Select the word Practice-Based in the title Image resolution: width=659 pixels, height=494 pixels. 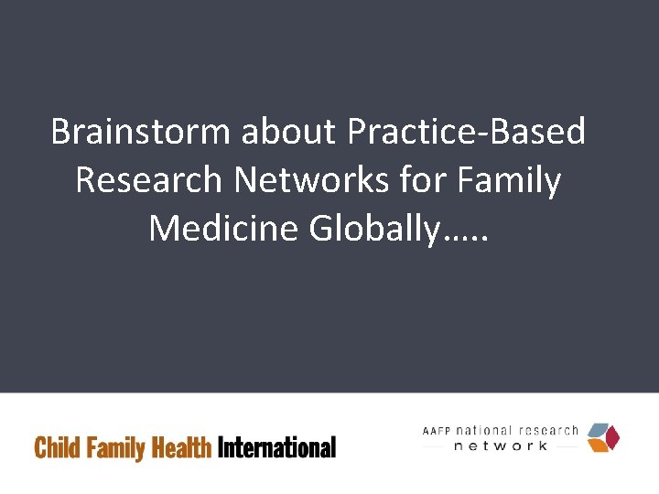click(466, 134)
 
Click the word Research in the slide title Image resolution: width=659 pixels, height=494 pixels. click(148, 180)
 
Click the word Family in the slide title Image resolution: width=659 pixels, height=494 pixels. click(511, 181)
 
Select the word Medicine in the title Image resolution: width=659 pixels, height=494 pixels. click(223, 227)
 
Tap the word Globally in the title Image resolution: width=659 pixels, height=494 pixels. click(373, 228)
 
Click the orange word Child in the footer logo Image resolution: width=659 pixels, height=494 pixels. click(56, 447)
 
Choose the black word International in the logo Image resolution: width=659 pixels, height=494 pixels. click(277, 447)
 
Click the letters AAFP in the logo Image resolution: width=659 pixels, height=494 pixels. click(438, 431)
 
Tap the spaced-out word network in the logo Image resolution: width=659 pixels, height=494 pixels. click(501, 446)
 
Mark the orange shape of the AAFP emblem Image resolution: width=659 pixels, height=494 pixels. click(598, 445)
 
